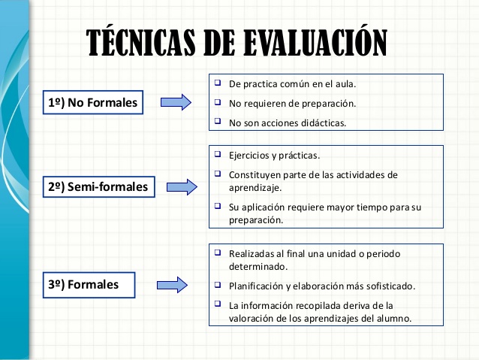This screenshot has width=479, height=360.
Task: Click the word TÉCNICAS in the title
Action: [140, 42]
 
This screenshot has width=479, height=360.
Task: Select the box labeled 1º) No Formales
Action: [93, 102]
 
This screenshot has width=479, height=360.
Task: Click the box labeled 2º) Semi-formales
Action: [98, 186]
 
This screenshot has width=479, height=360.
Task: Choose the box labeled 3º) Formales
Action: [89, 285]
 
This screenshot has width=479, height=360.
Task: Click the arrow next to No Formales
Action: [176, 102]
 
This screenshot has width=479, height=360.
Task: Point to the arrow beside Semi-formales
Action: [182, 187]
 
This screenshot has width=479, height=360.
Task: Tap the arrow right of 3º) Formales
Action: [172, 285]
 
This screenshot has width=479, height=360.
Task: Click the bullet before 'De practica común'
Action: [218, 82]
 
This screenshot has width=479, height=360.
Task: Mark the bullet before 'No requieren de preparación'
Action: [218, 102]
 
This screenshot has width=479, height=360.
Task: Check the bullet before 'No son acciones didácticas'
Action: [218, 121]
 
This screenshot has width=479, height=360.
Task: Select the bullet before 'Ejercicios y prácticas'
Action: [218, 153]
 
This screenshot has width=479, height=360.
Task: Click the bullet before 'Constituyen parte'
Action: [218, 174]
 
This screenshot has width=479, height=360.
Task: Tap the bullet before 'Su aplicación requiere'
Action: [218, 205]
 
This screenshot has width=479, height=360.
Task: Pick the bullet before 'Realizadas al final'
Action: [218, 253]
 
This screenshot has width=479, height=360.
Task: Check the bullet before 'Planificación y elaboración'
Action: [218, 284]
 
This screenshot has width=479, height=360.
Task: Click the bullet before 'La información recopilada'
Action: [218, 304]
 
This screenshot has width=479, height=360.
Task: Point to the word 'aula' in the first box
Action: [345, 84]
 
